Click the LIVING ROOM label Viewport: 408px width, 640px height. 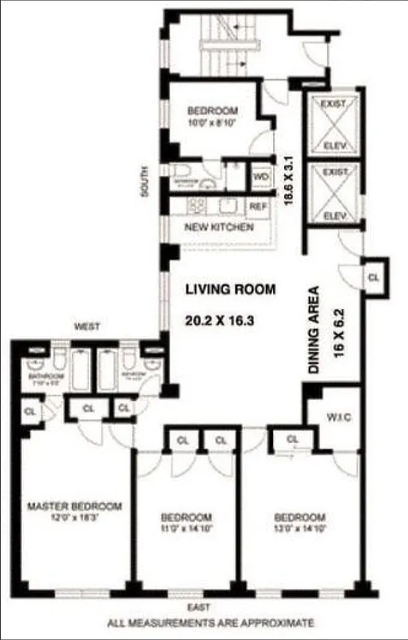click(231, 289)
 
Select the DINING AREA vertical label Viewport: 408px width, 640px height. click(314, 330)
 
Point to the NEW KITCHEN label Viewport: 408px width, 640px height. click(219, 228)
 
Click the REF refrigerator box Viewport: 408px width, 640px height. click(257, 206)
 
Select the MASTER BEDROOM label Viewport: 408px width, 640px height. click(74, 506)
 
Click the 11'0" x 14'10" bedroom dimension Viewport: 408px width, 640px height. click(186, 529)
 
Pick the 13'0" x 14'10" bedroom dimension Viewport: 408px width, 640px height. click(299, 529)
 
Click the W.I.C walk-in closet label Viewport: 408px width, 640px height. click(336, 416)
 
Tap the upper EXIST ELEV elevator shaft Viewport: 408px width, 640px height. click(331, 124)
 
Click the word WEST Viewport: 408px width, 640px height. click(86, 326)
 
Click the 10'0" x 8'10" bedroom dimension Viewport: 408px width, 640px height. click(212, 122)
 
